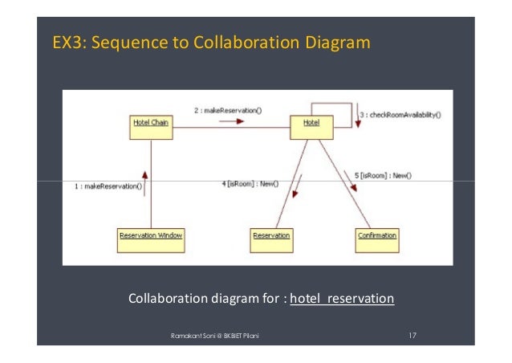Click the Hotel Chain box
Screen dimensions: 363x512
point(152,123)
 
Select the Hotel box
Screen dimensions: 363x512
point(311,123)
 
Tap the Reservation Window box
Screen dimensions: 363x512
point(151,235)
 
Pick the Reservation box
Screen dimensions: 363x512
point(272,235)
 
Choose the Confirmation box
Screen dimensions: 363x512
point(376,235)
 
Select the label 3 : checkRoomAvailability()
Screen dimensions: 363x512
point(400,115)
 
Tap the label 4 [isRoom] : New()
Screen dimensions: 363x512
point(250,184)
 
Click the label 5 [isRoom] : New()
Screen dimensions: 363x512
point(383,174)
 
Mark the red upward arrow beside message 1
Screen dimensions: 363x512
point(145,177)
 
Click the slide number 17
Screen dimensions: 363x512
point(412,333)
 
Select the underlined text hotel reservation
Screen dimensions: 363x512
point(342,299)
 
